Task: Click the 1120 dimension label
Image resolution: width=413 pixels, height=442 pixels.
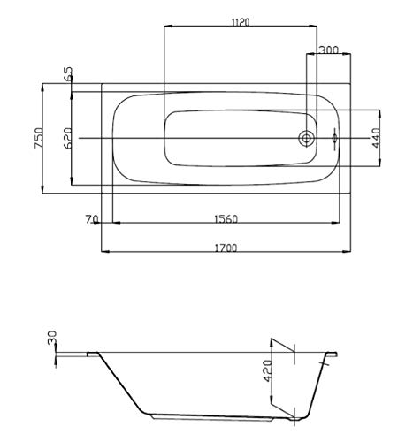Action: pos(241,22)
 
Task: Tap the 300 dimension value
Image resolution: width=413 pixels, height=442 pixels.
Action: pos(329,50)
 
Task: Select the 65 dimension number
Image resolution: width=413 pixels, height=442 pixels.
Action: pos(68,73)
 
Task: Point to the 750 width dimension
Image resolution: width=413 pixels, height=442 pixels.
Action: pos(39,138)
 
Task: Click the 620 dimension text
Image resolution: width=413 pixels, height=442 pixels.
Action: pos(67,138)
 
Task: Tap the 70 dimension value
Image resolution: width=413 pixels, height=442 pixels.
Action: pos(91,219)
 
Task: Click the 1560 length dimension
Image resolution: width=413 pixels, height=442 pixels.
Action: pos(226,219)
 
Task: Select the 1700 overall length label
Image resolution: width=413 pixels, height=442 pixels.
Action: pos(226,248)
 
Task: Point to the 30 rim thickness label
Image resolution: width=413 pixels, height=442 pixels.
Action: pos(52,338)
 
